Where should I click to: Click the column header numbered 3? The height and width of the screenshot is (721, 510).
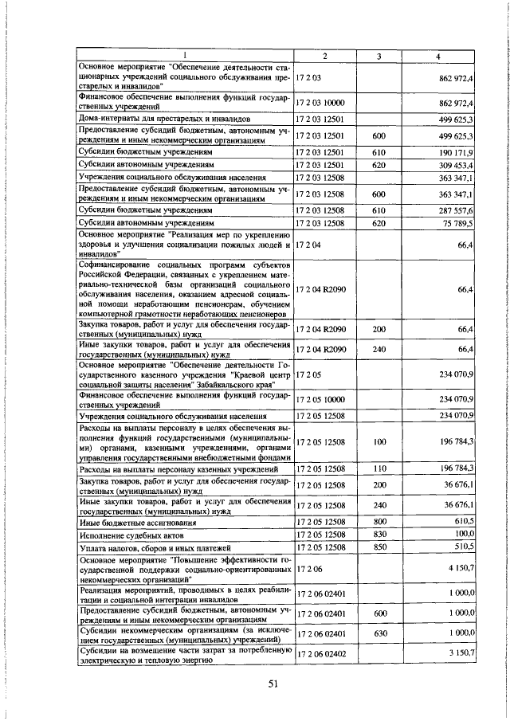click(379, 55)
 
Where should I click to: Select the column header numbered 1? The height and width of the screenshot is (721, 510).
click(184, 55)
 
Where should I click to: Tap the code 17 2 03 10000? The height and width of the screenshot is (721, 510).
click(322, 104)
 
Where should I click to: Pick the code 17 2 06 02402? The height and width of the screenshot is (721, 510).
click(322, 653)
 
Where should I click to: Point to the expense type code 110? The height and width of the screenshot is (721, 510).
click(379, 468)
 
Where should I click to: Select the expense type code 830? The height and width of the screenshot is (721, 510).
click(379, 534)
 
